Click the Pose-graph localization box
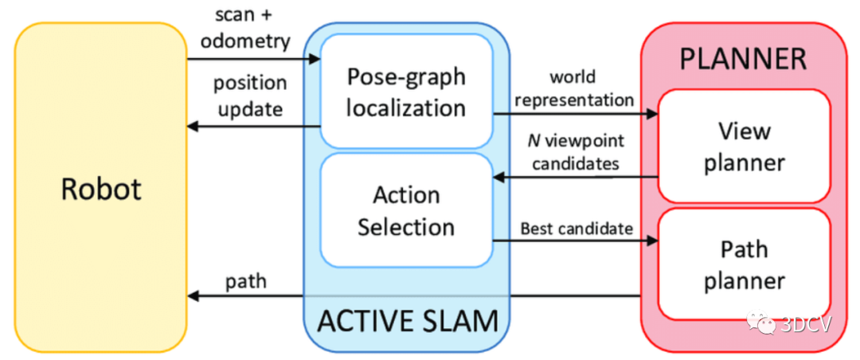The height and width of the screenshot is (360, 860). click(406, 91)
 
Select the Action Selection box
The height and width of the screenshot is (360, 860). click(406, 210)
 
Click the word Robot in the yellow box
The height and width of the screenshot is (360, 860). click(101, 190)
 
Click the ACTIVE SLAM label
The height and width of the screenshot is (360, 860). click(408, 321)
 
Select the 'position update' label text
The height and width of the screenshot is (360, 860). click(248, 96)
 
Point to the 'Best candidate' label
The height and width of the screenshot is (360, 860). click(577, 229)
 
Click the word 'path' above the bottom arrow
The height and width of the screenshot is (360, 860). click(245, 281)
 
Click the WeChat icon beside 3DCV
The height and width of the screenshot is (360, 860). click(762, 323)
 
